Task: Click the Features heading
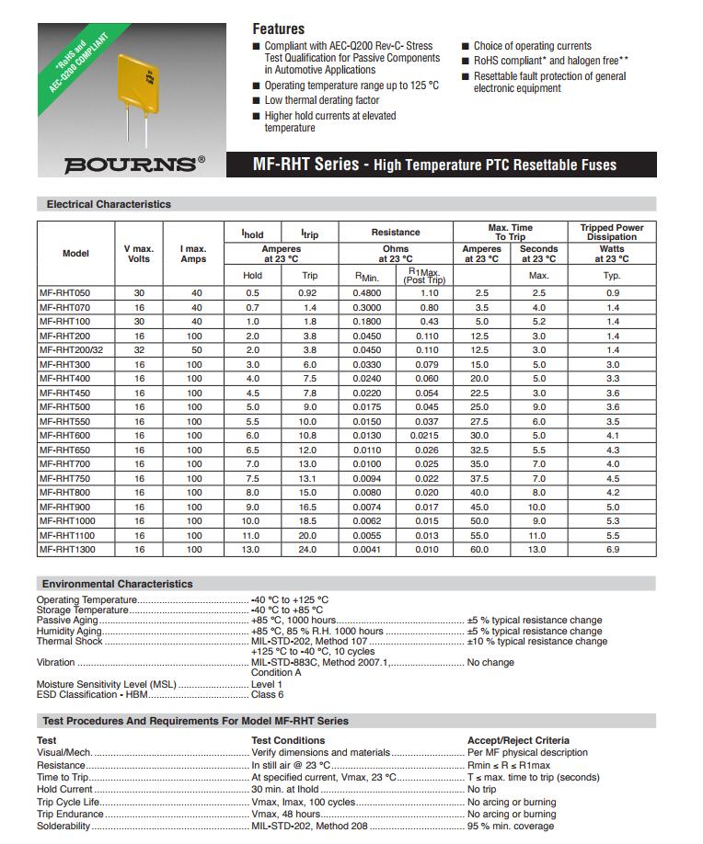[278, 29]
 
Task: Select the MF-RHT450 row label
[64, 393]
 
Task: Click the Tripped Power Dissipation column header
[612, 232]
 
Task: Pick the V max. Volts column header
[139, 254]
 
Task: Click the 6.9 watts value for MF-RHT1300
[612, 549]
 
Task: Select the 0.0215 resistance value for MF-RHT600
[425, 436]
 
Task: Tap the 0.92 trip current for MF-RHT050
[309, 293]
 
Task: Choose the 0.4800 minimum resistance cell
[367, 293]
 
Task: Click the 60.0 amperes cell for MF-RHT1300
[481, 549]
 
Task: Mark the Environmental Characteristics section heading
[117, 584]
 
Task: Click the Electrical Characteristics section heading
[109, 204]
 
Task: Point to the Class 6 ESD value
[268, 695]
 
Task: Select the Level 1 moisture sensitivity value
[267, 685]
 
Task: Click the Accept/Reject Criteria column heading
[518, 740]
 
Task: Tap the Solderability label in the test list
[63, 827]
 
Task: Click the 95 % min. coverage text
[511, 827]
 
